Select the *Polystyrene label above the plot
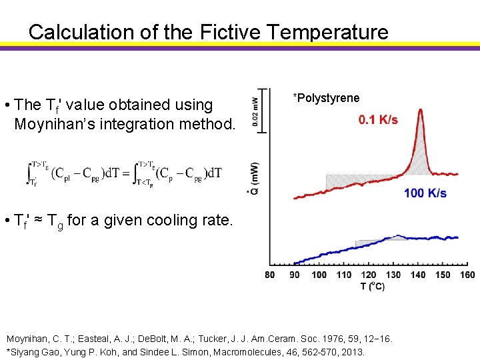tap(326, 98)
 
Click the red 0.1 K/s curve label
tap(378, 120)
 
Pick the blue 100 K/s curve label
tap(425, 193)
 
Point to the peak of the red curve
tap(420, 111)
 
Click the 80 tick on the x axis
tap(270, 275)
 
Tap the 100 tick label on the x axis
tap(319, 275)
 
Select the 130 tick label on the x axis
tap(393, 275)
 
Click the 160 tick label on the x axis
tap(467, 275)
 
